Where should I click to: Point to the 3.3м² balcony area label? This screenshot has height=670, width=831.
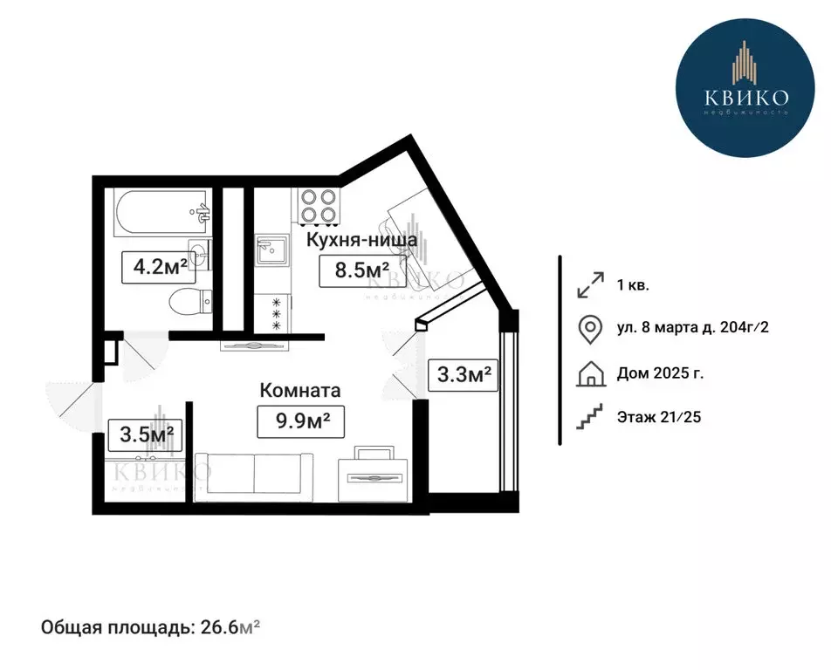[x=463, y=376]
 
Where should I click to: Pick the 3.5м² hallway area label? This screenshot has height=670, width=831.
[x=144, y=434]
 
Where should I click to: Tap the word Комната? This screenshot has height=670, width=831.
[x=299, y=391]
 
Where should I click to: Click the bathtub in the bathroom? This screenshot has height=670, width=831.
[x=161, y=212]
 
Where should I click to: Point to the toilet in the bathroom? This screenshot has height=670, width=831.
[x=188, y=303]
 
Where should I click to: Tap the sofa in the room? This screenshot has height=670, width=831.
[x=254, y=476]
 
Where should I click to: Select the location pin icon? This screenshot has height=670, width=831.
[x=591, y=329]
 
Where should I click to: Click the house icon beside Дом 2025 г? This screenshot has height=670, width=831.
[x=591, y=374]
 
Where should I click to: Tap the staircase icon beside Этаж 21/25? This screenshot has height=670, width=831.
[x=591, y=417]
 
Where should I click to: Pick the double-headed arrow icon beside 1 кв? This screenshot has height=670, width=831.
[x=591, y=284]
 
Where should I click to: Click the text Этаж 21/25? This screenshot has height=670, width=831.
[x=659, y=417]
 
